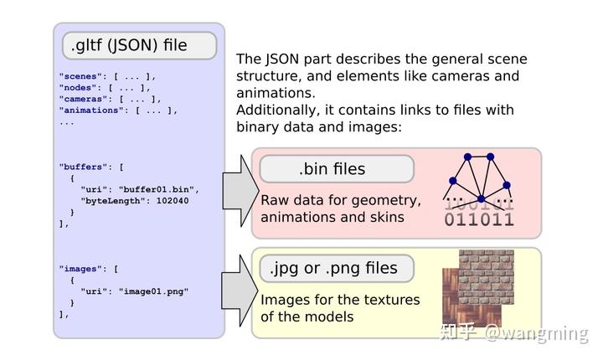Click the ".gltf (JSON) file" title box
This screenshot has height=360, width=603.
(139, 45)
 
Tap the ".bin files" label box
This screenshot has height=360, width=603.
(337, 168)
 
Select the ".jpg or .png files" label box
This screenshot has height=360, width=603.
(337, 268)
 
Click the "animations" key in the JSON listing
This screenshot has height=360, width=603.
(89, 111)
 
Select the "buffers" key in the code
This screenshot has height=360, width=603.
(80, 167)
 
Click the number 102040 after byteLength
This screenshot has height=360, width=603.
(173, 201)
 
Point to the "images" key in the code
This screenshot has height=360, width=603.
(78, 269)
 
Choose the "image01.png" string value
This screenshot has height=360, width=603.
(153, 291)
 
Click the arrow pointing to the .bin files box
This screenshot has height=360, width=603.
(240, 191)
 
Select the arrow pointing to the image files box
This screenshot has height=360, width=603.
(240, 291)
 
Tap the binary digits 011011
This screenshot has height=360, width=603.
(479, 219)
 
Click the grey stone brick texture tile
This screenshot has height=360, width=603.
(487, 277)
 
